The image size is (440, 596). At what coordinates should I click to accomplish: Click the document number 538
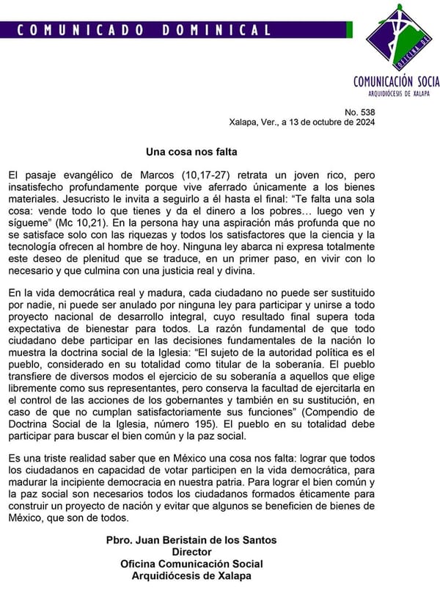click(x=366, y=112)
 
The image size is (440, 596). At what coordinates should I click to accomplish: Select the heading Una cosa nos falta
click(x=191, y=153)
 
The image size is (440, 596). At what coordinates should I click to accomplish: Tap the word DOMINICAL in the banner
click(x=217, y=30)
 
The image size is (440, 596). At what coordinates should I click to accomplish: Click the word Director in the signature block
click(x=191, y=552)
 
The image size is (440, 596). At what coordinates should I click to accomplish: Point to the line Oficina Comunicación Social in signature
click(x=191, y=564)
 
